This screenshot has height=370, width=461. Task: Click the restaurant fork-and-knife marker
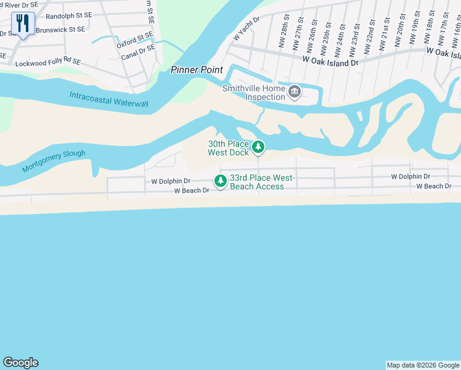coord(23,24)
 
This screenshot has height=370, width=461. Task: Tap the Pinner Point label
coord(197,70)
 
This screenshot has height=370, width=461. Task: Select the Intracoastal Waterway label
coord(109,99)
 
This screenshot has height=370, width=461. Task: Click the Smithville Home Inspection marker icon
coord(295,92)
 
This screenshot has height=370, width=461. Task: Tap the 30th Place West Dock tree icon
coord(259,147)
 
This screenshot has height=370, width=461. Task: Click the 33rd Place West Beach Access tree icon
coord(220,181)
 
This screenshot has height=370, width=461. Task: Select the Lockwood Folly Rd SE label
coord(48,63)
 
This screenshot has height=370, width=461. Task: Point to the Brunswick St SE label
coord(60,29)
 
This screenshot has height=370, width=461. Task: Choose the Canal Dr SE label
coord(138,53)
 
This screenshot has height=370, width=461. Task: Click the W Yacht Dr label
coord(247,28)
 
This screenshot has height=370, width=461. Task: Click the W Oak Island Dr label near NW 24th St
coord(330,62)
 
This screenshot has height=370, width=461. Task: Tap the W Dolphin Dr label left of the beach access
coord(171,181)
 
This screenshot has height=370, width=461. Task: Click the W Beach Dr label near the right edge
coord(434,186)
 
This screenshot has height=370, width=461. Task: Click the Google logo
coord(20,363)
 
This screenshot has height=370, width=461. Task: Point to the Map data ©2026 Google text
coord(423,365)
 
